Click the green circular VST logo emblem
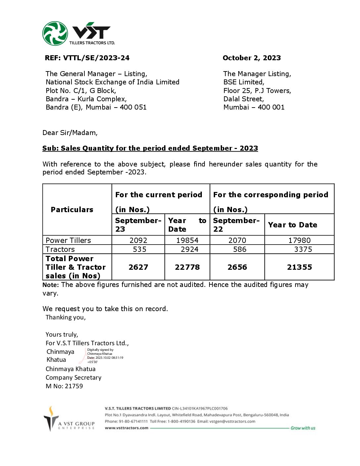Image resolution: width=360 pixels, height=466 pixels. click(55, 33)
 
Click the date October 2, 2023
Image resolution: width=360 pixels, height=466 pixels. click(251, 58)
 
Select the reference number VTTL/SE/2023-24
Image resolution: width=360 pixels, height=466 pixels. click(96, 58)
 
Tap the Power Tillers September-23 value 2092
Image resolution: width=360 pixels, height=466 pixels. click(138, 240)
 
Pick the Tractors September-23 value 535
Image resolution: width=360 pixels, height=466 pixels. click(139, 249)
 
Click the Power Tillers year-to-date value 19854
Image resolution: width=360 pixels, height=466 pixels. click(187, 240)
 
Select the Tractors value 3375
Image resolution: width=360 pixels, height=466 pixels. click(303, 249)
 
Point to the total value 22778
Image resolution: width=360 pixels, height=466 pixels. click(187, 267)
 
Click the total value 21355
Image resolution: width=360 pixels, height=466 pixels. click(299, 267)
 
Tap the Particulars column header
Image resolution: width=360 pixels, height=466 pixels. click(72, 210)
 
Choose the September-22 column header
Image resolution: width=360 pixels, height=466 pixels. click(236, 225)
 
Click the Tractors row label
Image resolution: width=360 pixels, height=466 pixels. click(60, 249)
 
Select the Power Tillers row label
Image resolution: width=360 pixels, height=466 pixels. click(68, 240)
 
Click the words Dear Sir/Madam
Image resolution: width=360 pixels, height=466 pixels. click(70, 133)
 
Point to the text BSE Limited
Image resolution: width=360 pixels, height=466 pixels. click(244, 82)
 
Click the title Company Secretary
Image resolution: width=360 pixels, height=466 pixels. click(73, 377)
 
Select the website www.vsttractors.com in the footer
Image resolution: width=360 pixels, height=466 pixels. click(126, 428)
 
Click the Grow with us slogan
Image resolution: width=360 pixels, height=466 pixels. click(303, 428)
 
